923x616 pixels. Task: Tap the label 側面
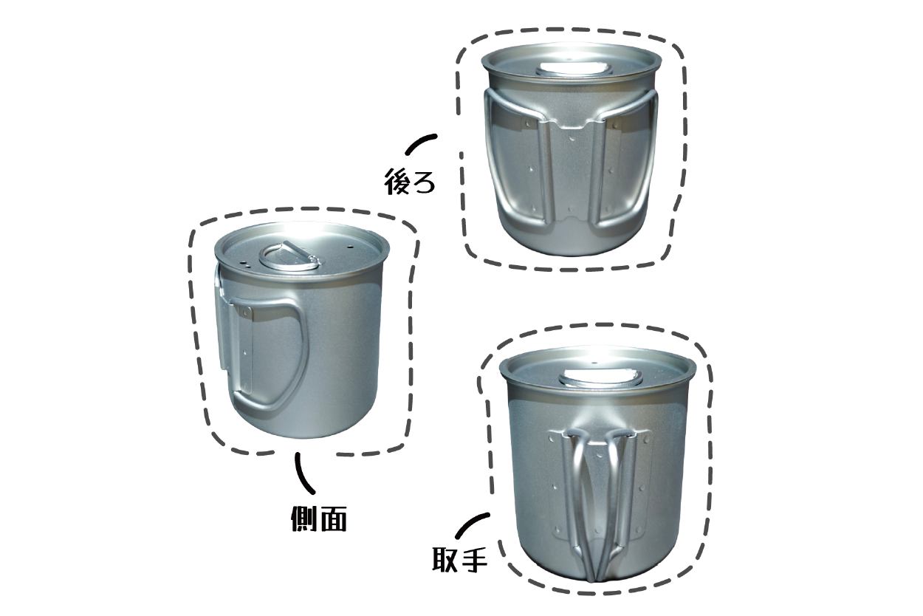(318, 518)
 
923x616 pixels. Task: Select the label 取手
(459, 558)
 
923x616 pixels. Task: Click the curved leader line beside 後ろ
(419, 143)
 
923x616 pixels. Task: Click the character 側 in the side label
(304, 518)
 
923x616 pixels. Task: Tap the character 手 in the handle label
(474, 558)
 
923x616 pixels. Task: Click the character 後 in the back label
(397, 181)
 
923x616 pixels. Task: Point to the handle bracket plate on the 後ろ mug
(573, 173)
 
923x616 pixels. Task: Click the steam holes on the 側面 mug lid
(244, 264)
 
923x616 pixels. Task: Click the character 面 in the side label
(332, 518)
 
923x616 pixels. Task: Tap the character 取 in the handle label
(445, 558)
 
